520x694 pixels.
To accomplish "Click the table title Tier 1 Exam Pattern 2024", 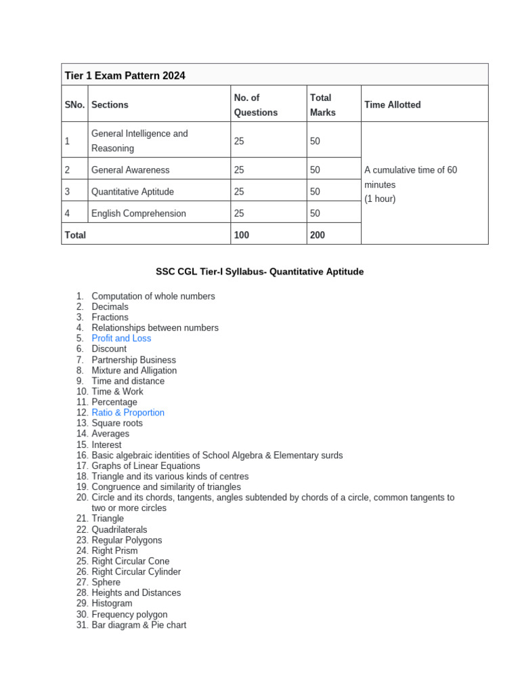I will pyautogui.click(x=125, y=75).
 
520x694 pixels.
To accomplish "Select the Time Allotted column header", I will pyautogui.click(x=392, y=104).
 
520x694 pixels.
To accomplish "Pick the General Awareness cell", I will pyautogui.click(x=131, y=170).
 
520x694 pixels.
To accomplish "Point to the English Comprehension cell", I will pyautogui.click(x=138, y=213).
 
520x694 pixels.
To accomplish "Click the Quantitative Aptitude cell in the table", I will pyautogui.click(x=133, y=192).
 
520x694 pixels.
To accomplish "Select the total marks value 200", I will pyautogui.click(x=318, y=235).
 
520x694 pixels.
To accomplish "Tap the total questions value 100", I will pyautogui.click(x=242, y=235).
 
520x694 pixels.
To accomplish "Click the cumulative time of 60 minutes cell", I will pyautogui.click(x=410, y=184).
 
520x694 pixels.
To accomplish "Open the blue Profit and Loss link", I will pyautogui.click(x=121, y=338).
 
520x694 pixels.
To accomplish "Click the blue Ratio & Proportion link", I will pyautogui.click(x=128, y=413).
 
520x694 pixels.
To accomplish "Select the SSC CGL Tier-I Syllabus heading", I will pyautogui.click(x=259, y=272).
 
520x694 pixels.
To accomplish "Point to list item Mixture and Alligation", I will pyautogui.click(x=134, y=371).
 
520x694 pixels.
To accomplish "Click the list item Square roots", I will pyautogui.click(x=117, y=423).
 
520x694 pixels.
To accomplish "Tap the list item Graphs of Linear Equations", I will pyautogui.click(x=146, y=466).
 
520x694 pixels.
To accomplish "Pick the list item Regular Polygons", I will pyautogui.click(x=127, y=540).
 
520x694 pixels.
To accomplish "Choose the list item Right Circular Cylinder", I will pyautogui.click(x=136, y=571).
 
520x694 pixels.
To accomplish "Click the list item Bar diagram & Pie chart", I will pyautogui.click(x=139, y=625).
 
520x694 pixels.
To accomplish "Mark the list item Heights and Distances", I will pyautogui.click(x=136, y=593).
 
